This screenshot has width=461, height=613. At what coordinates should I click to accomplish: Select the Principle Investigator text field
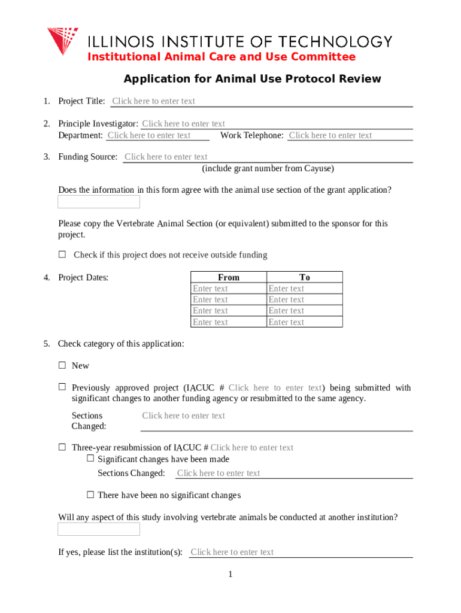[276, 124]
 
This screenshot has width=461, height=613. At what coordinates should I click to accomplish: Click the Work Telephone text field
[350, 135]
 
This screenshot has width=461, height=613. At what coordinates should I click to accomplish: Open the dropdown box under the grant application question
[99, 202]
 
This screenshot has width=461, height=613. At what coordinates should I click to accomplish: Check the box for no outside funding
[62, 254]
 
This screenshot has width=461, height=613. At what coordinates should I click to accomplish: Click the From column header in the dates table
[229, 277]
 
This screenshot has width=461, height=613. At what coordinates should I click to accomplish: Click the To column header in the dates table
[305, 277]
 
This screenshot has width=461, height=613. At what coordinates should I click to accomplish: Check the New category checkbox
[62, 365]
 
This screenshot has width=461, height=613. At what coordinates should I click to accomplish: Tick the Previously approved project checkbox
[62, 387]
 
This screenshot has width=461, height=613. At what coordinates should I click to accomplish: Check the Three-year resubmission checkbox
[62, 447]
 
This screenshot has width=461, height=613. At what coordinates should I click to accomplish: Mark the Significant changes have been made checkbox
[90, 459]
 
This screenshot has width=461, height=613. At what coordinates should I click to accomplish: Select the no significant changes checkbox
[90, 494]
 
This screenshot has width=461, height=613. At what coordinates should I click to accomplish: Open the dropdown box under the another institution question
[99, 529]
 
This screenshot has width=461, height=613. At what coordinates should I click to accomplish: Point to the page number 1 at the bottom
[230, 575]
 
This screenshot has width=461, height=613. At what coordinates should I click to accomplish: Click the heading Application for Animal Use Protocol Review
[252, 79]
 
